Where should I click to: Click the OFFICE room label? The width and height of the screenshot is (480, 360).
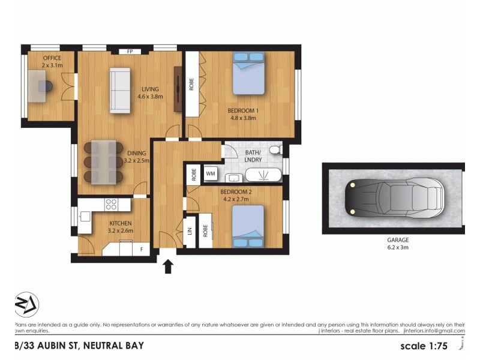52,58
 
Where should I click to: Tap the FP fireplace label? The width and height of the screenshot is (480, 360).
130,52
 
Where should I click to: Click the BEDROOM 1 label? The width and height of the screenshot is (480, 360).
242,110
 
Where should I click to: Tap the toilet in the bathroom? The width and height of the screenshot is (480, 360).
275,150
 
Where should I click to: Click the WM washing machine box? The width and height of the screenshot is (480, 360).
211,174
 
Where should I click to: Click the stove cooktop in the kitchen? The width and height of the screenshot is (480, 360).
111,204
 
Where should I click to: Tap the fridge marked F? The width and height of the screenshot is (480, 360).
141,248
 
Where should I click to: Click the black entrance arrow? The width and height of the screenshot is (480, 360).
169,265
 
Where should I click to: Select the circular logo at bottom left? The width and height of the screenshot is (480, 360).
26,305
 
